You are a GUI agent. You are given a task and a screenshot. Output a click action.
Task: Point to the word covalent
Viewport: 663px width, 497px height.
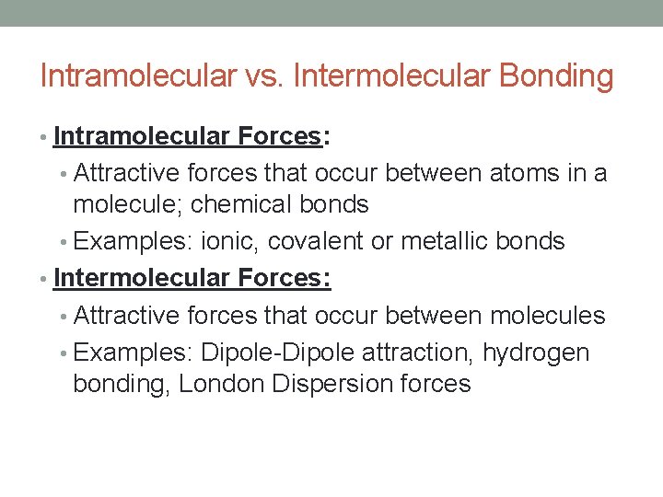click(x=316, y=241)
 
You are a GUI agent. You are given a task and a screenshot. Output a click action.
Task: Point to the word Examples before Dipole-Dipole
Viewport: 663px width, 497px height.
click(x=134, y=353)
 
